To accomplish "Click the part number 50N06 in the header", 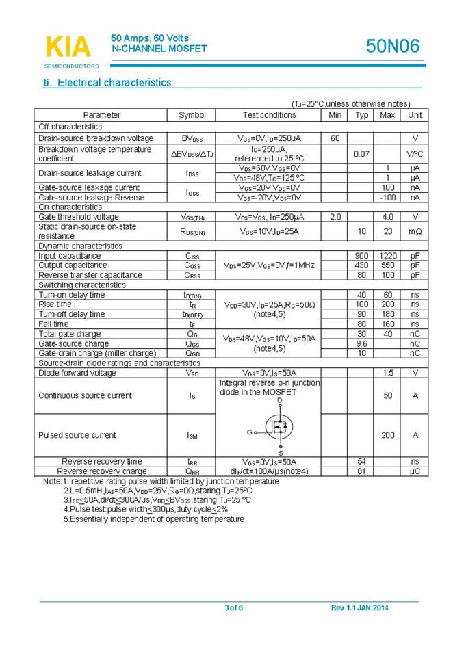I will point(392,47).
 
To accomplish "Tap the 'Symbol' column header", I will point(192,115).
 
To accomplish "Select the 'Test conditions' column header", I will point(269,115).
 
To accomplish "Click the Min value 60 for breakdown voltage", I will point(335,138).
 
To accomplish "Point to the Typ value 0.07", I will point(361,154).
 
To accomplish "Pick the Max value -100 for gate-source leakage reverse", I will point(387,198).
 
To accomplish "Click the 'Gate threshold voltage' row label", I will point(79,217).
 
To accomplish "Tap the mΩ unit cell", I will point(415,232).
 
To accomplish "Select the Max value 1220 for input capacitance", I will point(387,256).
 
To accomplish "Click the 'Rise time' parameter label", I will point(55,304).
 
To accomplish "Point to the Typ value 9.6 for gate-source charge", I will point(361,343).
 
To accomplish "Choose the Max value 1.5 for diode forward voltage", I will point(387,373).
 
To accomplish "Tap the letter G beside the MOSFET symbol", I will point(249,432).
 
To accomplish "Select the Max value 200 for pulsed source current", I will point(387,435).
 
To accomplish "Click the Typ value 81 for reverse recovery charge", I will point(361,471).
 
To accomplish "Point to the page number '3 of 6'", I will point(234,608).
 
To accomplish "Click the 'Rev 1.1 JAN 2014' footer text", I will point(359,608).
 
